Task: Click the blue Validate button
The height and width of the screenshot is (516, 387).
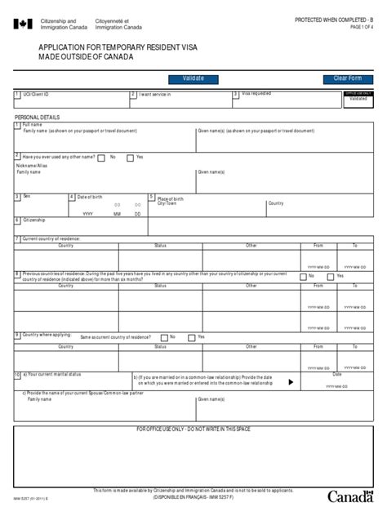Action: pos(193,78)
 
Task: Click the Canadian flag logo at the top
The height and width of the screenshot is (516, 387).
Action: pos(23,24)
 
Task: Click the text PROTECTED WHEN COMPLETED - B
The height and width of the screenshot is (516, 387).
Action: pos(332,19)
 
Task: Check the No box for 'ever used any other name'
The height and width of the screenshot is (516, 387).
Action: pos(101,158)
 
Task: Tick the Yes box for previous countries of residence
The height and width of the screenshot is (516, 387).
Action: pos(330,276)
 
